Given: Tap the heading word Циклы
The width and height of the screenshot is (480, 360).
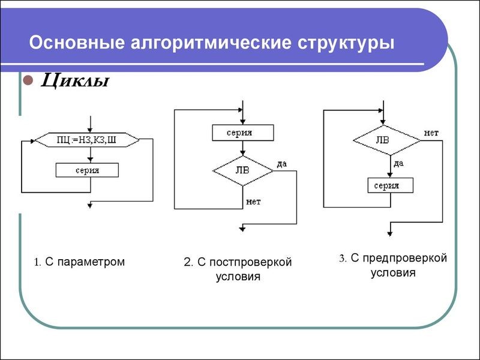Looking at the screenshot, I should [74, 80].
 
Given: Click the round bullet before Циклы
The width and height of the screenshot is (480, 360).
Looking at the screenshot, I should [26, 80].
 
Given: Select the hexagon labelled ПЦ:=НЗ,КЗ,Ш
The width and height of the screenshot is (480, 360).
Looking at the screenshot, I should [88, 140].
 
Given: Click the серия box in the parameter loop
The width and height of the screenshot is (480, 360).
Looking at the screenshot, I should [88, 170].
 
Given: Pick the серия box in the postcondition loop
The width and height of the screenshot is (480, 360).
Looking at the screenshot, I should [242, 132].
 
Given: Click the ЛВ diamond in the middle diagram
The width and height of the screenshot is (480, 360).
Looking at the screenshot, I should [242, 170].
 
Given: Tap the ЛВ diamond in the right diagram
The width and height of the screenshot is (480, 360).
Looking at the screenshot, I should [387, 140].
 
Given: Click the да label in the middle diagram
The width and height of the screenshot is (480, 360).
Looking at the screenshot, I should [282, 163].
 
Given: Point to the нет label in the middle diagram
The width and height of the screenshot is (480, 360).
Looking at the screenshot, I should [253, 202].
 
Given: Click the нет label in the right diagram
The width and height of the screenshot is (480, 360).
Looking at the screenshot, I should [431, 132].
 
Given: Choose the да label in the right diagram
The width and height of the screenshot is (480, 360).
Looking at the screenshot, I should [398, 163].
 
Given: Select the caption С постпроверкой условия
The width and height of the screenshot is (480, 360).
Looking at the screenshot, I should [238, 269].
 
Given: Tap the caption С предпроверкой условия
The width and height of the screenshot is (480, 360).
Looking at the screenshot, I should [393, 265].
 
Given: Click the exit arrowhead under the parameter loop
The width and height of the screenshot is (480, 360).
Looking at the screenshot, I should [90, 206].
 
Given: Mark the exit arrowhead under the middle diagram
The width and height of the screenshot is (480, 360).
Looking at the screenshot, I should [242, 228].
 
